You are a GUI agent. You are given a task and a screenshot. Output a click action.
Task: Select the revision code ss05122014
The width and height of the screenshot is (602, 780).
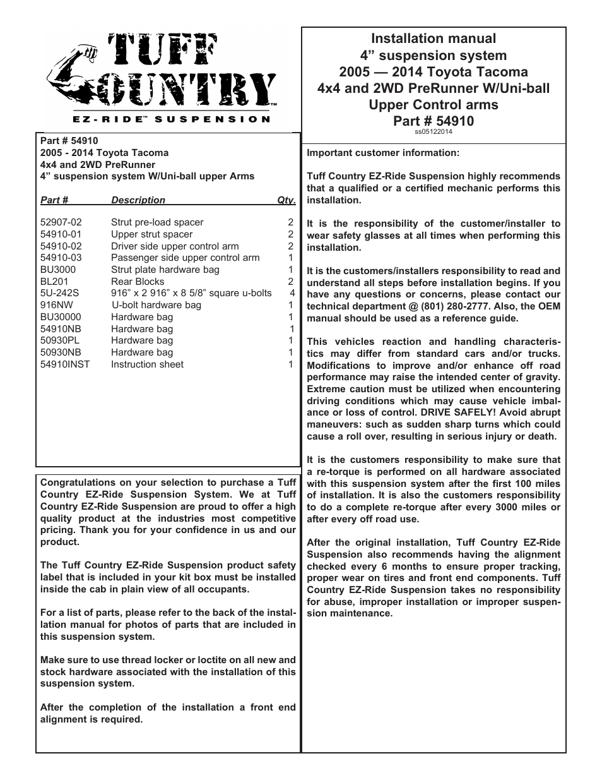click(434, 132)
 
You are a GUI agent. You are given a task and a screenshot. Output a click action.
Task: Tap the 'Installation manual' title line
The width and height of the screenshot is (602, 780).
click(434, 39)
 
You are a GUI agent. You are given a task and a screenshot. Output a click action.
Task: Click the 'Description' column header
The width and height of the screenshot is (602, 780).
click(138, 200)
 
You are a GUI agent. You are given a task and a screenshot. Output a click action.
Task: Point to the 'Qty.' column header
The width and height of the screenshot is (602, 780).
click(286, 200)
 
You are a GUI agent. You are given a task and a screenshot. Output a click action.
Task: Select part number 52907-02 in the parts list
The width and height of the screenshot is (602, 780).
click(61, 222)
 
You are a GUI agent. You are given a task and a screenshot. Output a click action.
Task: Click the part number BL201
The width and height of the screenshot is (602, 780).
click(54, 282)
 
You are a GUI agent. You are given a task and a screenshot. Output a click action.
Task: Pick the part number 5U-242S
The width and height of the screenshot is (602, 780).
click(59, 293)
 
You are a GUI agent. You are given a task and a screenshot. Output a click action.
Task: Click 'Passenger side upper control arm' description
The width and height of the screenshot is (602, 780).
click(185, 258)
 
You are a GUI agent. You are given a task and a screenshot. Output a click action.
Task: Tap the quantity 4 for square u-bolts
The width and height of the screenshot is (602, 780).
click(292, 293)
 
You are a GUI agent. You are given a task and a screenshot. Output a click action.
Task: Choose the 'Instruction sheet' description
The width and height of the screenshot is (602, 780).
click(147, 364)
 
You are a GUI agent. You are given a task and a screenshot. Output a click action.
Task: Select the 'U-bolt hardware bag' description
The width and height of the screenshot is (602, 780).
click(156, 305)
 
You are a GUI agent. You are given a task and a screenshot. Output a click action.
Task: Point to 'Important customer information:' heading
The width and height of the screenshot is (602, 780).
click(383, 153)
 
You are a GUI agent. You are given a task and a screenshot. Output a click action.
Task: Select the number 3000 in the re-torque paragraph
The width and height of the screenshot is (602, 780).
click(502, 507)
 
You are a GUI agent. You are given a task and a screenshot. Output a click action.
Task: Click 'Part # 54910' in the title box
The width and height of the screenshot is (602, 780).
click(434, 121)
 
